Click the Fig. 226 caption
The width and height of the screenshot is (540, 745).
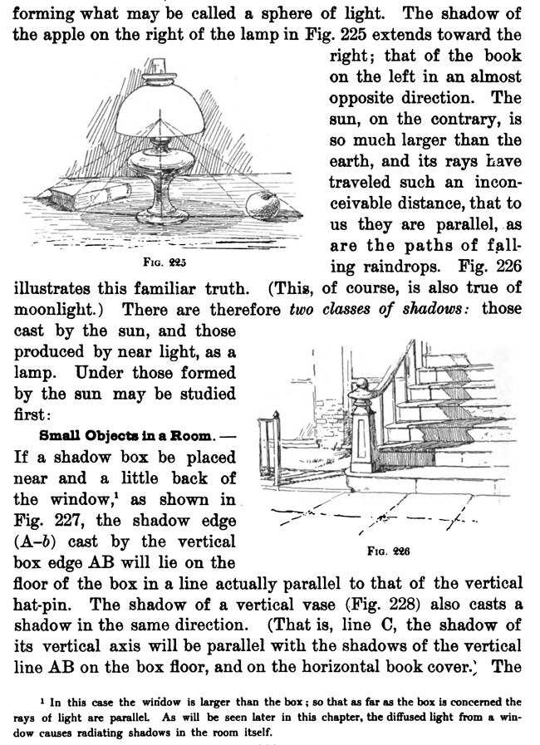[389, 550]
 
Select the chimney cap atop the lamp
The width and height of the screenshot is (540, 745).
[159, 66]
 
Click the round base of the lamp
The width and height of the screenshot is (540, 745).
[162, 218]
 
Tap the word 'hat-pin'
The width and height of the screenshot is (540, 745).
[41, 602]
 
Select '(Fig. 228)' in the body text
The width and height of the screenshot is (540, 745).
[369, 602]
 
